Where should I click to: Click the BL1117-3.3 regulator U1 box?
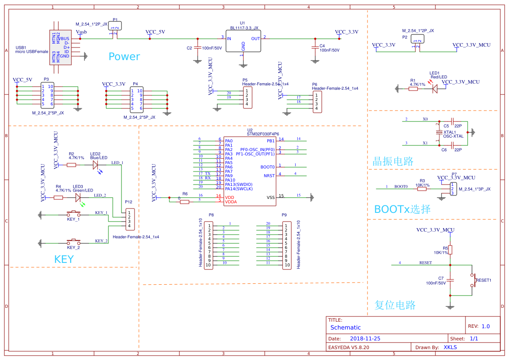[243, 42]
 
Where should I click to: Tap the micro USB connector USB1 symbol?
[61, 47]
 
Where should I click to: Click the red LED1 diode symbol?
[434, 89]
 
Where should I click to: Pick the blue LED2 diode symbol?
[96, 165]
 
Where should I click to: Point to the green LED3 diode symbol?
[78, 198]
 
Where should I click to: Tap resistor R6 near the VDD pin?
[185, 202]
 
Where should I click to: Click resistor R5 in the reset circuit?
[450, 249]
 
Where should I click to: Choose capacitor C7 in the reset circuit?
[450, 280]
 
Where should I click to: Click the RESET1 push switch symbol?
[472, 280]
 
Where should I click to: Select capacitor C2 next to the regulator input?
[197, 47]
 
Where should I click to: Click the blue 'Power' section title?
[124, 57]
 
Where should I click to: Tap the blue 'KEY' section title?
[64, 259]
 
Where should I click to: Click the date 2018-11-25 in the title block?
[365, 338]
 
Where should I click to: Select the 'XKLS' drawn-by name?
[450, 347]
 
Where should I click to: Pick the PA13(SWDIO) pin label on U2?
[239, 184]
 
